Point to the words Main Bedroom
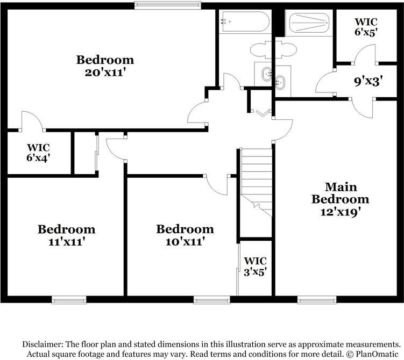click(341, 193)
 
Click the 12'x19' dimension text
click(341, 211)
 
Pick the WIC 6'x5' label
click(366, 27)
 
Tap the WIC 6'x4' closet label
click(39, 153)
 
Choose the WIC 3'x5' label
click(256, 266)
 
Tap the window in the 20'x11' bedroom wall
click(168, 6)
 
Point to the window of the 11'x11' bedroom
click(69, 299)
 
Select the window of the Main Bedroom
click(317, 299)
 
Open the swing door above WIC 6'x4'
click(31, 121)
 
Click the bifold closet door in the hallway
click(263, 113)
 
